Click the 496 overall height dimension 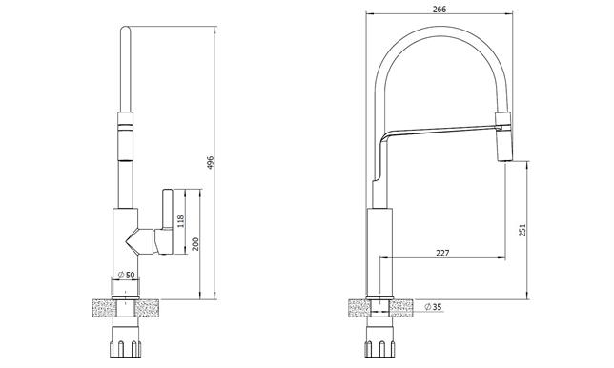click(211, 162)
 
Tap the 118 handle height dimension click(180, 221)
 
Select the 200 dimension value click(195, 244)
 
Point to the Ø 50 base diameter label click(126, 275)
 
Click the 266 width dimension click(439, 9)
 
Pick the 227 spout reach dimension click(442, 253)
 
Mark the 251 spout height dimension click(522, 230)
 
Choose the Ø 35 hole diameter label click(433, 307)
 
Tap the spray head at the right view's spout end click(503, 136)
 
